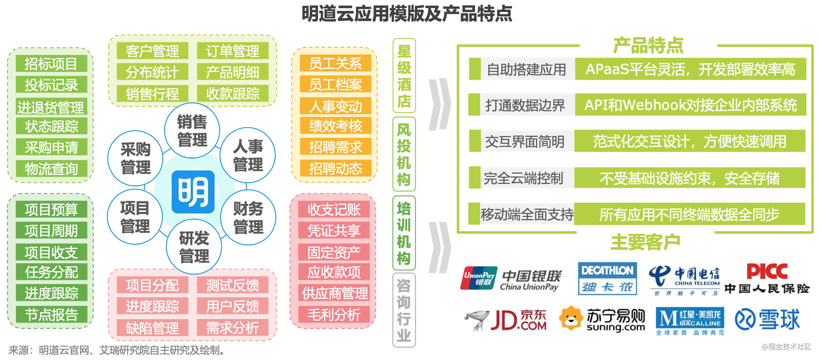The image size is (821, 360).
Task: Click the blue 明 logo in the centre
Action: [193, 192]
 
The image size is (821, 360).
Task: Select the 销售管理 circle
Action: [192, 131]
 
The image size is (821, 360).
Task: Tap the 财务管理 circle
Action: [248, 217]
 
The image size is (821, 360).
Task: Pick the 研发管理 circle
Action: [194, 247]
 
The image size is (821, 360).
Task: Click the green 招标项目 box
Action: [51, 64]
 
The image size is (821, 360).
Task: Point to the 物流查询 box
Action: [51, 169]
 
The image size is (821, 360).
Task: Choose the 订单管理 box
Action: [233, 51]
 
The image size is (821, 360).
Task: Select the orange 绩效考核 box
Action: [335, 126]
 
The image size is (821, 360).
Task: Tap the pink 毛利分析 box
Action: [334, 315]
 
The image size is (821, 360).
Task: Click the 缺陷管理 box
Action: [152, 328]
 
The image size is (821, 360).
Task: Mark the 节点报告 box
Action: [51, 315]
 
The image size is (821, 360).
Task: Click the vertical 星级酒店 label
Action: [404, 76]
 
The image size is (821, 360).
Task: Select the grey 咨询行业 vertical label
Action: [404, 310]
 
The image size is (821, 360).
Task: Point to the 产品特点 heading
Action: [648, 45]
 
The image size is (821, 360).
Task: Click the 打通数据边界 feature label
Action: [525, 105]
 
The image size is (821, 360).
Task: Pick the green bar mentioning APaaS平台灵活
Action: [690, 69]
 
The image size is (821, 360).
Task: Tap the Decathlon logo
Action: [607, 278]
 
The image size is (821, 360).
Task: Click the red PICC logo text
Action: [766, 272]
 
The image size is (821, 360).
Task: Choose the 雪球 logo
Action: [767, 319]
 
